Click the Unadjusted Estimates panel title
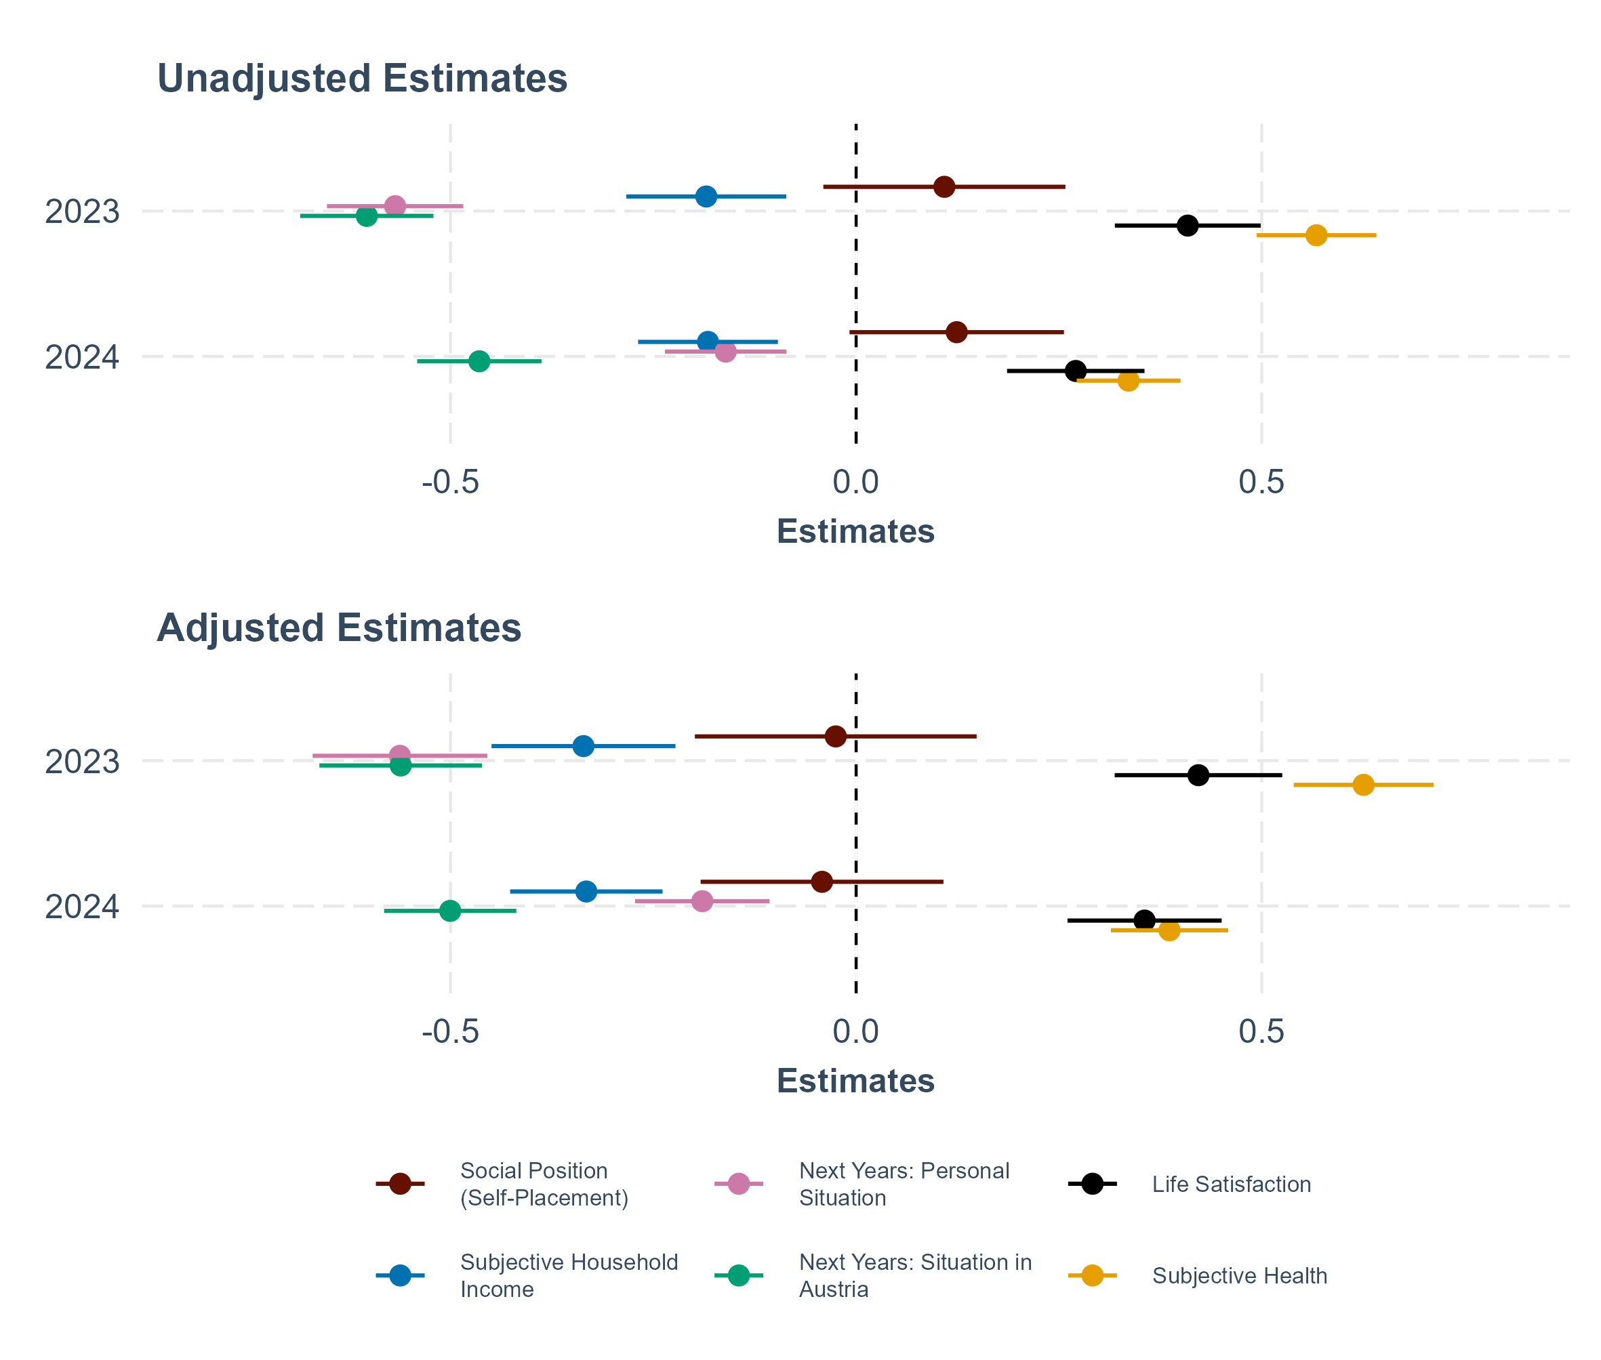tap(362, 79)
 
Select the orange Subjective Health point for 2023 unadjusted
tap(1316, 234)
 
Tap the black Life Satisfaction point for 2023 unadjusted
tap(1188, 225)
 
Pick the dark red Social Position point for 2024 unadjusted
tap(956, 332)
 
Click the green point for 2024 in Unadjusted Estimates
tap(479, 360)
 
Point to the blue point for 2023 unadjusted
tap(706, 197)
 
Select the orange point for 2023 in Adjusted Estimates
tap(1364, 785)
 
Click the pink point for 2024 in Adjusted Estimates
tap(702, 901)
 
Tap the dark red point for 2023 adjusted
tap(835, 737)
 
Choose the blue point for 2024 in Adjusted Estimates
tap(586, 891)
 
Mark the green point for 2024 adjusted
tap(449, 911)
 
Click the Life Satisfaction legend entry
tap(1231, 1184)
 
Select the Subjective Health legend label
tap(1239, 1276)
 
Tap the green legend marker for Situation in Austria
tap(738, 1276)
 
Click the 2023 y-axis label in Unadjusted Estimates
tap(83, 212)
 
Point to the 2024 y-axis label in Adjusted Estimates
tap(83, 907)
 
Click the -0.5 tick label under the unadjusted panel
tap(450, 482)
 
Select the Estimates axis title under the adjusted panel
tap(855, 1081)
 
